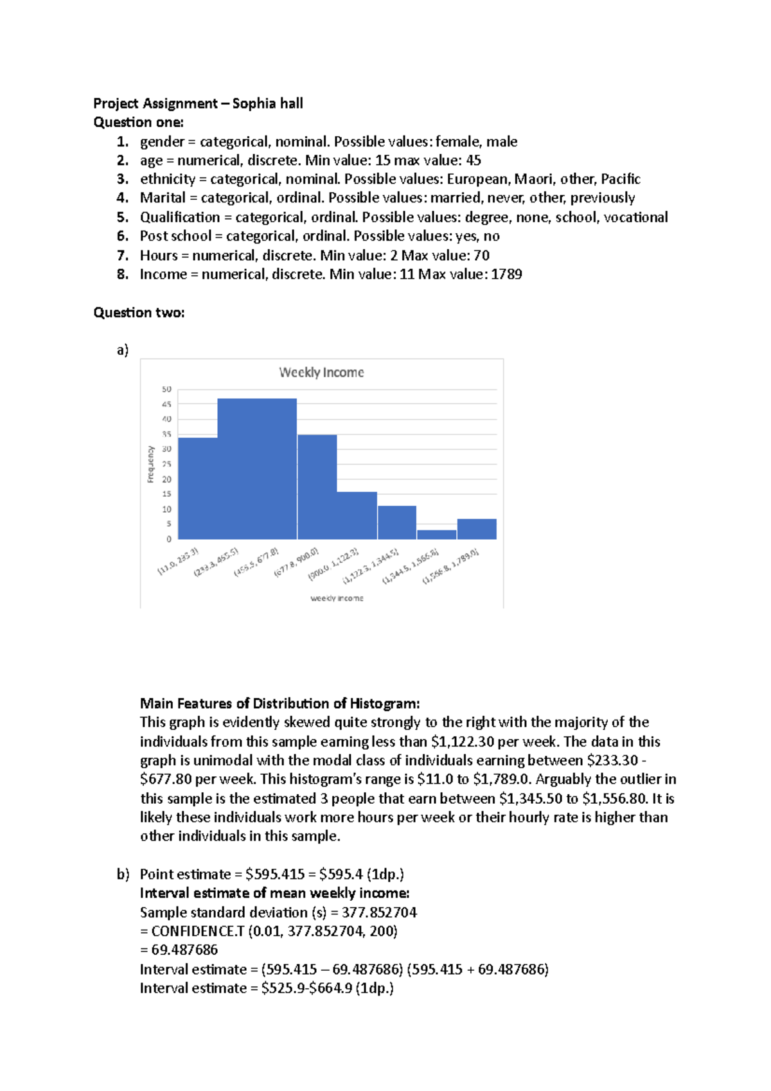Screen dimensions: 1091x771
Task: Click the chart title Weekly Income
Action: coord(321,373)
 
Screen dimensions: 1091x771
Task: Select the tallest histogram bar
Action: coord(257,468)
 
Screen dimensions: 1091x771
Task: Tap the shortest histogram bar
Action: coord(436,535)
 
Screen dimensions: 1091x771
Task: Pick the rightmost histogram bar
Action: coord(477,529)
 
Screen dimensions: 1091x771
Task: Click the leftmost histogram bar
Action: coord(197,488)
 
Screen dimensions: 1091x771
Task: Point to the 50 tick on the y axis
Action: coord(167,389)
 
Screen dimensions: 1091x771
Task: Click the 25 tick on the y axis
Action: coord(167,464)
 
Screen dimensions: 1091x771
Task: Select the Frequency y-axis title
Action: coord(151,464)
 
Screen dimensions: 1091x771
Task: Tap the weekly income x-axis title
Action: coord(337,598)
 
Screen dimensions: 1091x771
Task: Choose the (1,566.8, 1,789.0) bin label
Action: coord(450,566)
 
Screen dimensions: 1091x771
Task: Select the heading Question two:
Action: coord(139,313)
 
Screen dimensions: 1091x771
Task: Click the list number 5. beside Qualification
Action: coord(123,217)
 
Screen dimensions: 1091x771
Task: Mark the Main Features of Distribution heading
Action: coord(279,704)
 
